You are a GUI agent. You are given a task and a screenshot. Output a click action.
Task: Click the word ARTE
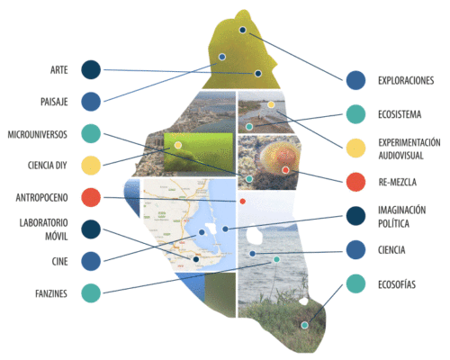click(x=59, y=70)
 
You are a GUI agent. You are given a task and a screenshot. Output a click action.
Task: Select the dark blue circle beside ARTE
click(x=91, y=70)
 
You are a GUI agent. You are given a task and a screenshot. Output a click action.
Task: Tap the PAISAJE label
click(x=54, y=102)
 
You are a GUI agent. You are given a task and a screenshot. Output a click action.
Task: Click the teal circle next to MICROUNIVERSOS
click(x=91, y=133)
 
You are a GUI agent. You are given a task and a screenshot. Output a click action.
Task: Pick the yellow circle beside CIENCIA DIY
click(x=91, y=166)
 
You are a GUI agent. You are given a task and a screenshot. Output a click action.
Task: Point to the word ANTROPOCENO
click(x=41, y=198)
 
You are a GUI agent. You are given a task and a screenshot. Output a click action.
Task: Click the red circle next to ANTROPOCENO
click(x=91, y=197)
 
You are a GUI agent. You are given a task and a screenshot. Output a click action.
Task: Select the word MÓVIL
click(x=57, y=237)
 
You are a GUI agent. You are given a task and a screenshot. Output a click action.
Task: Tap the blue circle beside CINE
click(x=91, y=261)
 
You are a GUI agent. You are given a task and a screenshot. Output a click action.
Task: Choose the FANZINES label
click(x=51, y=293)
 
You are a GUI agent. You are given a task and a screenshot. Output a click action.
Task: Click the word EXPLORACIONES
click(x=406, y=80)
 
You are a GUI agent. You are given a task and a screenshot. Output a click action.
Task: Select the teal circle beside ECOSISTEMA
click(x=355, y=114)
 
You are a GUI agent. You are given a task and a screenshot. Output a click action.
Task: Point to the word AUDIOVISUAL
click(x=400, y=156)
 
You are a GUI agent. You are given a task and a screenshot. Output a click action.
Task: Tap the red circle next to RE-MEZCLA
click(x=355, y=182)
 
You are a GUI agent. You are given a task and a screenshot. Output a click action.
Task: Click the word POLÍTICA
click(x=393, y=223)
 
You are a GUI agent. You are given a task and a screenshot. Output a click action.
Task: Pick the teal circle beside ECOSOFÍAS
click(x=355, y=283)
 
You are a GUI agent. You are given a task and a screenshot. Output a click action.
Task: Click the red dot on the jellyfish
click(x=285, y=170)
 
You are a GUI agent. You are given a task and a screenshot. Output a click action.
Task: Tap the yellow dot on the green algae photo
click(x=178, y=146)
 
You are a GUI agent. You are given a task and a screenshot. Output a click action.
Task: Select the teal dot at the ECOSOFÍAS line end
click(x=305, y=325)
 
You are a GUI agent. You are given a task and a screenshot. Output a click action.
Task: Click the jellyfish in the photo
click(x=280, y=158)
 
